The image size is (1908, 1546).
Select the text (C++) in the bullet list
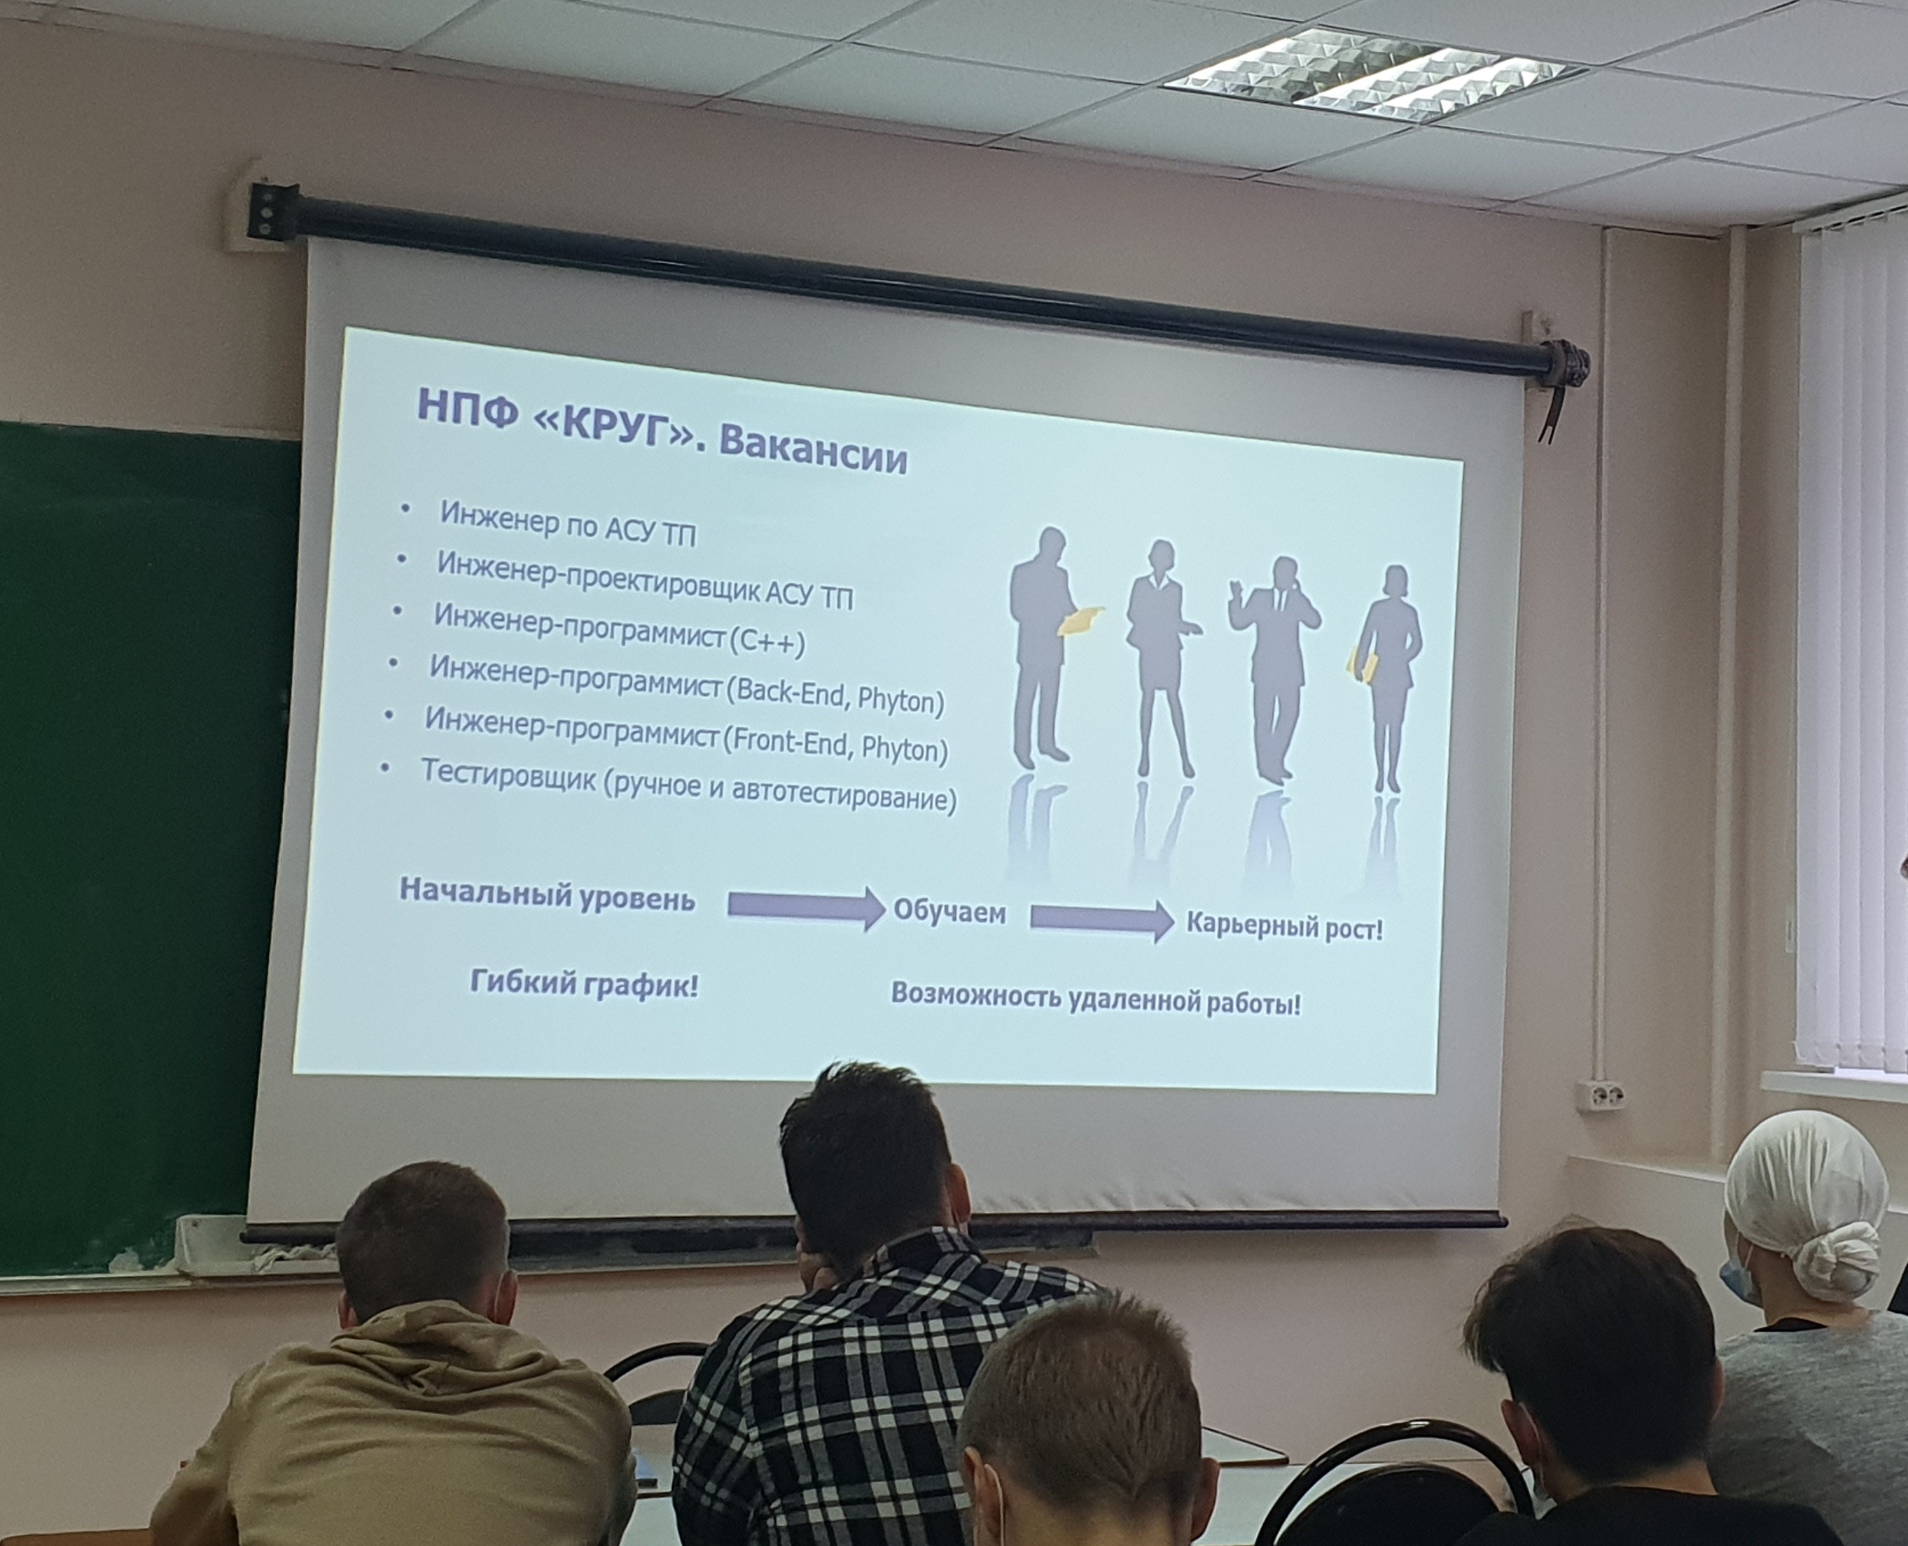[767, 641]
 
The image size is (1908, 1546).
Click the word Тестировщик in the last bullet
[508, 774]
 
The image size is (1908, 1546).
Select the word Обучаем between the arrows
[949, 911]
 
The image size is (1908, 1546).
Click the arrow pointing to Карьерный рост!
[1102, 919]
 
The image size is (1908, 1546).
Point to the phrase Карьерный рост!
[1284, 927]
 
